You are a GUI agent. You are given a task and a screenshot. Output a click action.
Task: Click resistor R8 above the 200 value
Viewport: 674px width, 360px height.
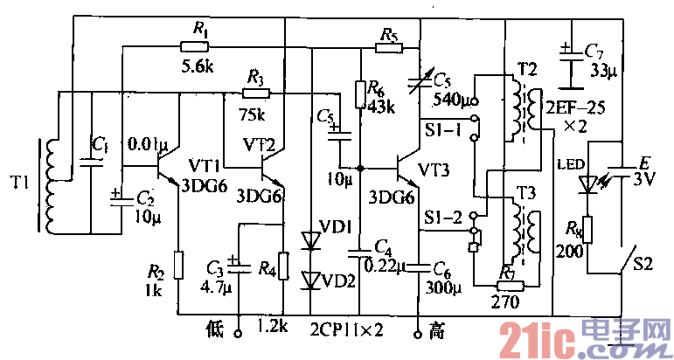point(588,229)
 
